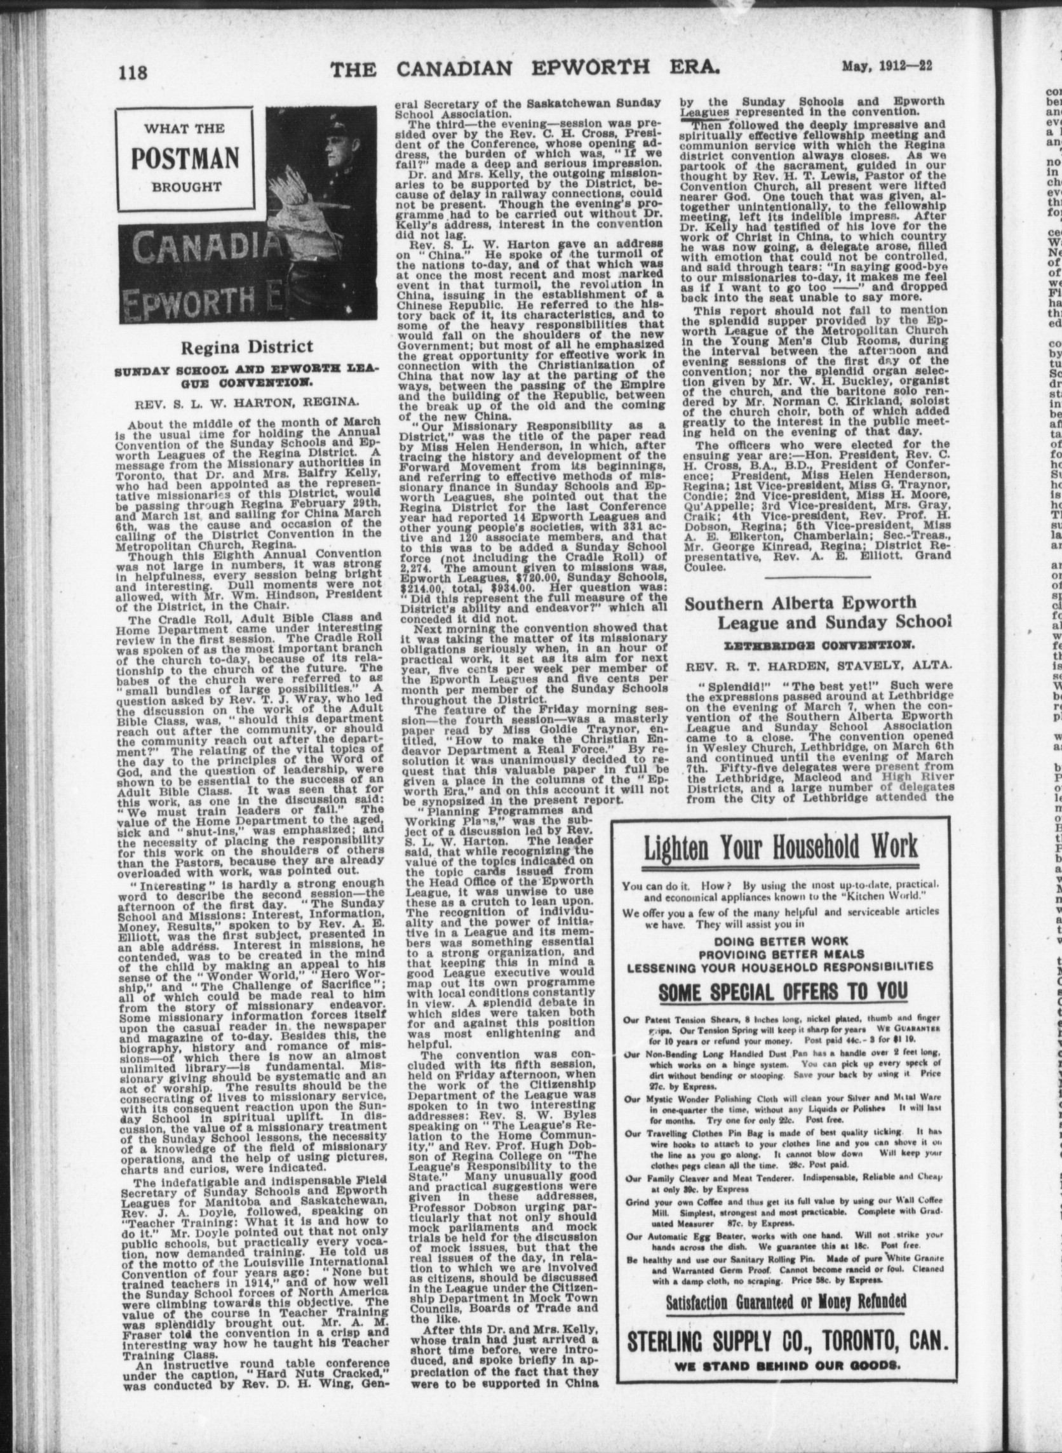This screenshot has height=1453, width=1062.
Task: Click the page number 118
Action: click(133, 70)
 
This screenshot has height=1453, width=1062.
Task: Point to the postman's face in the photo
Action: click(334, 156)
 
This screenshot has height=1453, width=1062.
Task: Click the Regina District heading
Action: click(247, 347)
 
